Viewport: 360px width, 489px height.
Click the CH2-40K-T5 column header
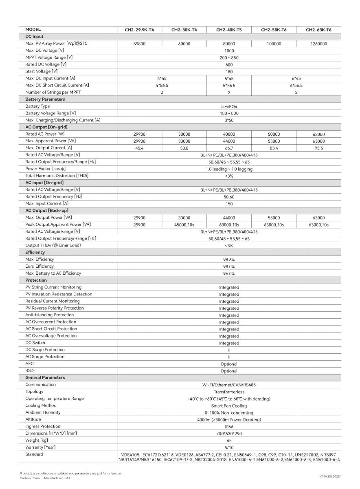click(x=229, y=30)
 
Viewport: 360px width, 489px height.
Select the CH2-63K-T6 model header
click(x=318, y=30)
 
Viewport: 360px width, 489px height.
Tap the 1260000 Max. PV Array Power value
click(x=318, y=44)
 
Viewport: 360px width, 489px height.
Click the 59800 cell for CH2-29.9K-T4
click(x=139, y=44)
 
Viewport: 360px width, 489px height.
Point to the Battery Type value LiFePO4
click(x=229, y=106)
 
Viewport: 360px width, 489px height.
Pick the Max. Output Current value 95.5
click(x=318, y=148)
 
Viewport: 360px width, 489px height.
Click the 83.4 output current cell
click(x=274, y=148)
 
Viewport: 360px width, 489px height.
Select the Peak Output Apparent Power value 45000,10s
click(x=184, y=225)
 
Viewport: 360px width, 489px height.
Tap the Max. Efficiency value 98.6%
click(x=229, y=260)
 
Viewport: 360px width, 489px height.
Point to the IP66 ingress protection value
click(x=229, y=427)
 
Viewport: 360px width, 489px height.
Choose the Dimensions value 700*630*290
click(x=229, y=434)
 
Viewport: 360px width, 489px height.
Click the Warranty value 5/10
click(x=229, y=447)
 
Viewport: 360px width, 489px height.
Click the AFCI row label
click(x=30, y=363)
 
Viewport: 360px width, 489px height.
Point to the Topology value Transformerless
click(x=229, y=392)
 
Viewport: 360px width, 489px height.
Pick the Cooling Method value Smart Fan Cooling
click(x=229, y=406)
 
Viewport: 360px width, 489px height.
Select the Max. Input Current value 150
click(x=229, y=204)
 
